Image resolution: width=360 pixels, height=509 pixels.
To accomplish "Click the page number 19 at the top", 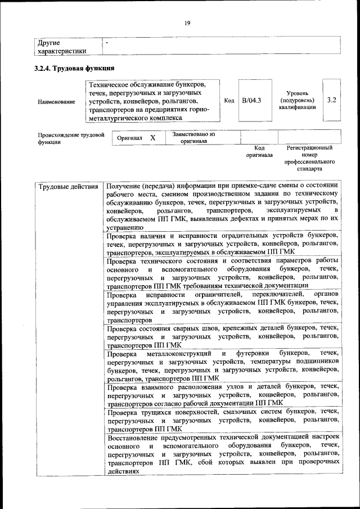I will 187,22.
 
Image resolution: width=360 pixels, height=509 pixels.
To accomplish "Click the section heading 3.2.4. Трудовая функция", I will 75,69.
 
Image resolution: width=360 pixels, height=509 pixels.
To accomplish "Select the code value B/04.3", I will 251,101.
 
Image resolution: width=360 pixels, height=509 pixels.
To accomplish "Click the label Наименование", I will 56,101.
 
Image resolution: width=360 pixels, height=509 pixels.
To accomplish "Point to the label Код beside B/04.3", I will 229,101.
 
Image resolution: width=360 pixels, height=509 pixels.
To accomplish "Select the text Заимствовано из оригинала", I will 193,138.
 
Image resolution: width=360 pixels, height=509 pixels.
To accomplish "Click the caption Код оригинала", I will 259,151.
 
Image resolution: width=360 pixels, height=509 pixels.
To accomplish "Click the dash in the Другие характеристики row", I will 107,42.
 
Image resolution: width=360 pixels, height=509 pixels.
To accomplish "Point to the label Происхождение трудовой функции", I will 71,138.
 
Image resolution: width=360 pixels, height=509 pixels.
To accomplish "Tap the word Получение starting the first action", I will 125,186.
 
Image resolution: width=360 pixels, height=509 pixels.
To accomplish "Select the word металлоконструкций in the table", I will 177,353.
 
